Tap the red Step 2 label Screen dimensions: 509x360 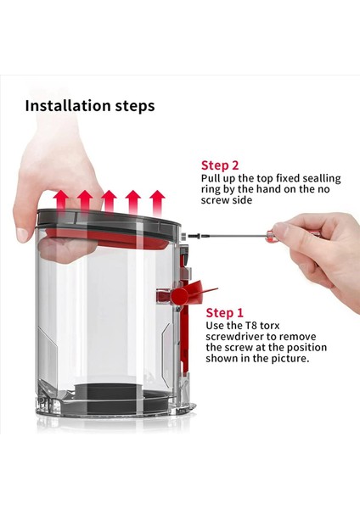220,165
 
